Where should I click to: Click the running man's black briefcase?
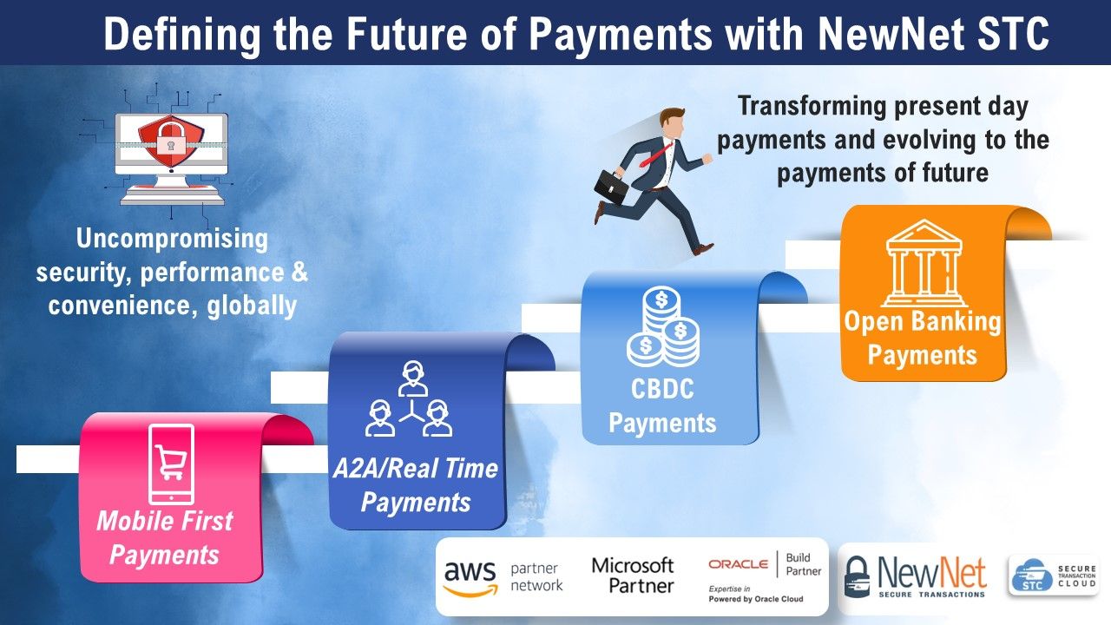[x=611, y=186]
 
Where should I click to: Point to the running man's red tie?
[x=656, y=155]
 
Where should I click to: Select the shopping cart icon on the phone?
[x=171, y=461]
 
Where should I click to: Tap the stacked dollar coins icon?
[x=663, y=326]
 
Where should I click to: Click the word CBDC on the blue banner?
[x=662, y=389]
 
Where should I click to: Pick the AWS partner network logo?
[x=503, y=577]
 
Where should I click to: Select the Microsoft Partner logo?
[x=633, y=576]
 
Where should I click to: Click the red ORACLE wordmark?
[x=739, y=564]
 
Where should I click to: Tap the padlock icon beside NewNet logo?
[x=857, y=576]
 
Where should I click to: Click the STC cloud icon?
[x=1032, y=576]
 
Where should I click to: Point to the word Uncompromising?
[x=172, y=239]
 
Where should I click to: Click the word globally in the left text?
[x=252, y=306]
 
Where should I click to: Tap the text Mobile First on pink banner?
[x=165, y=521]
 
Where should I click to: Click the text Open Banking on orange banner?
[x=923, y=321]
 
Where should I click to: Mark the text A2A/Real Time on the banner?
[x=416, y=468]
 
